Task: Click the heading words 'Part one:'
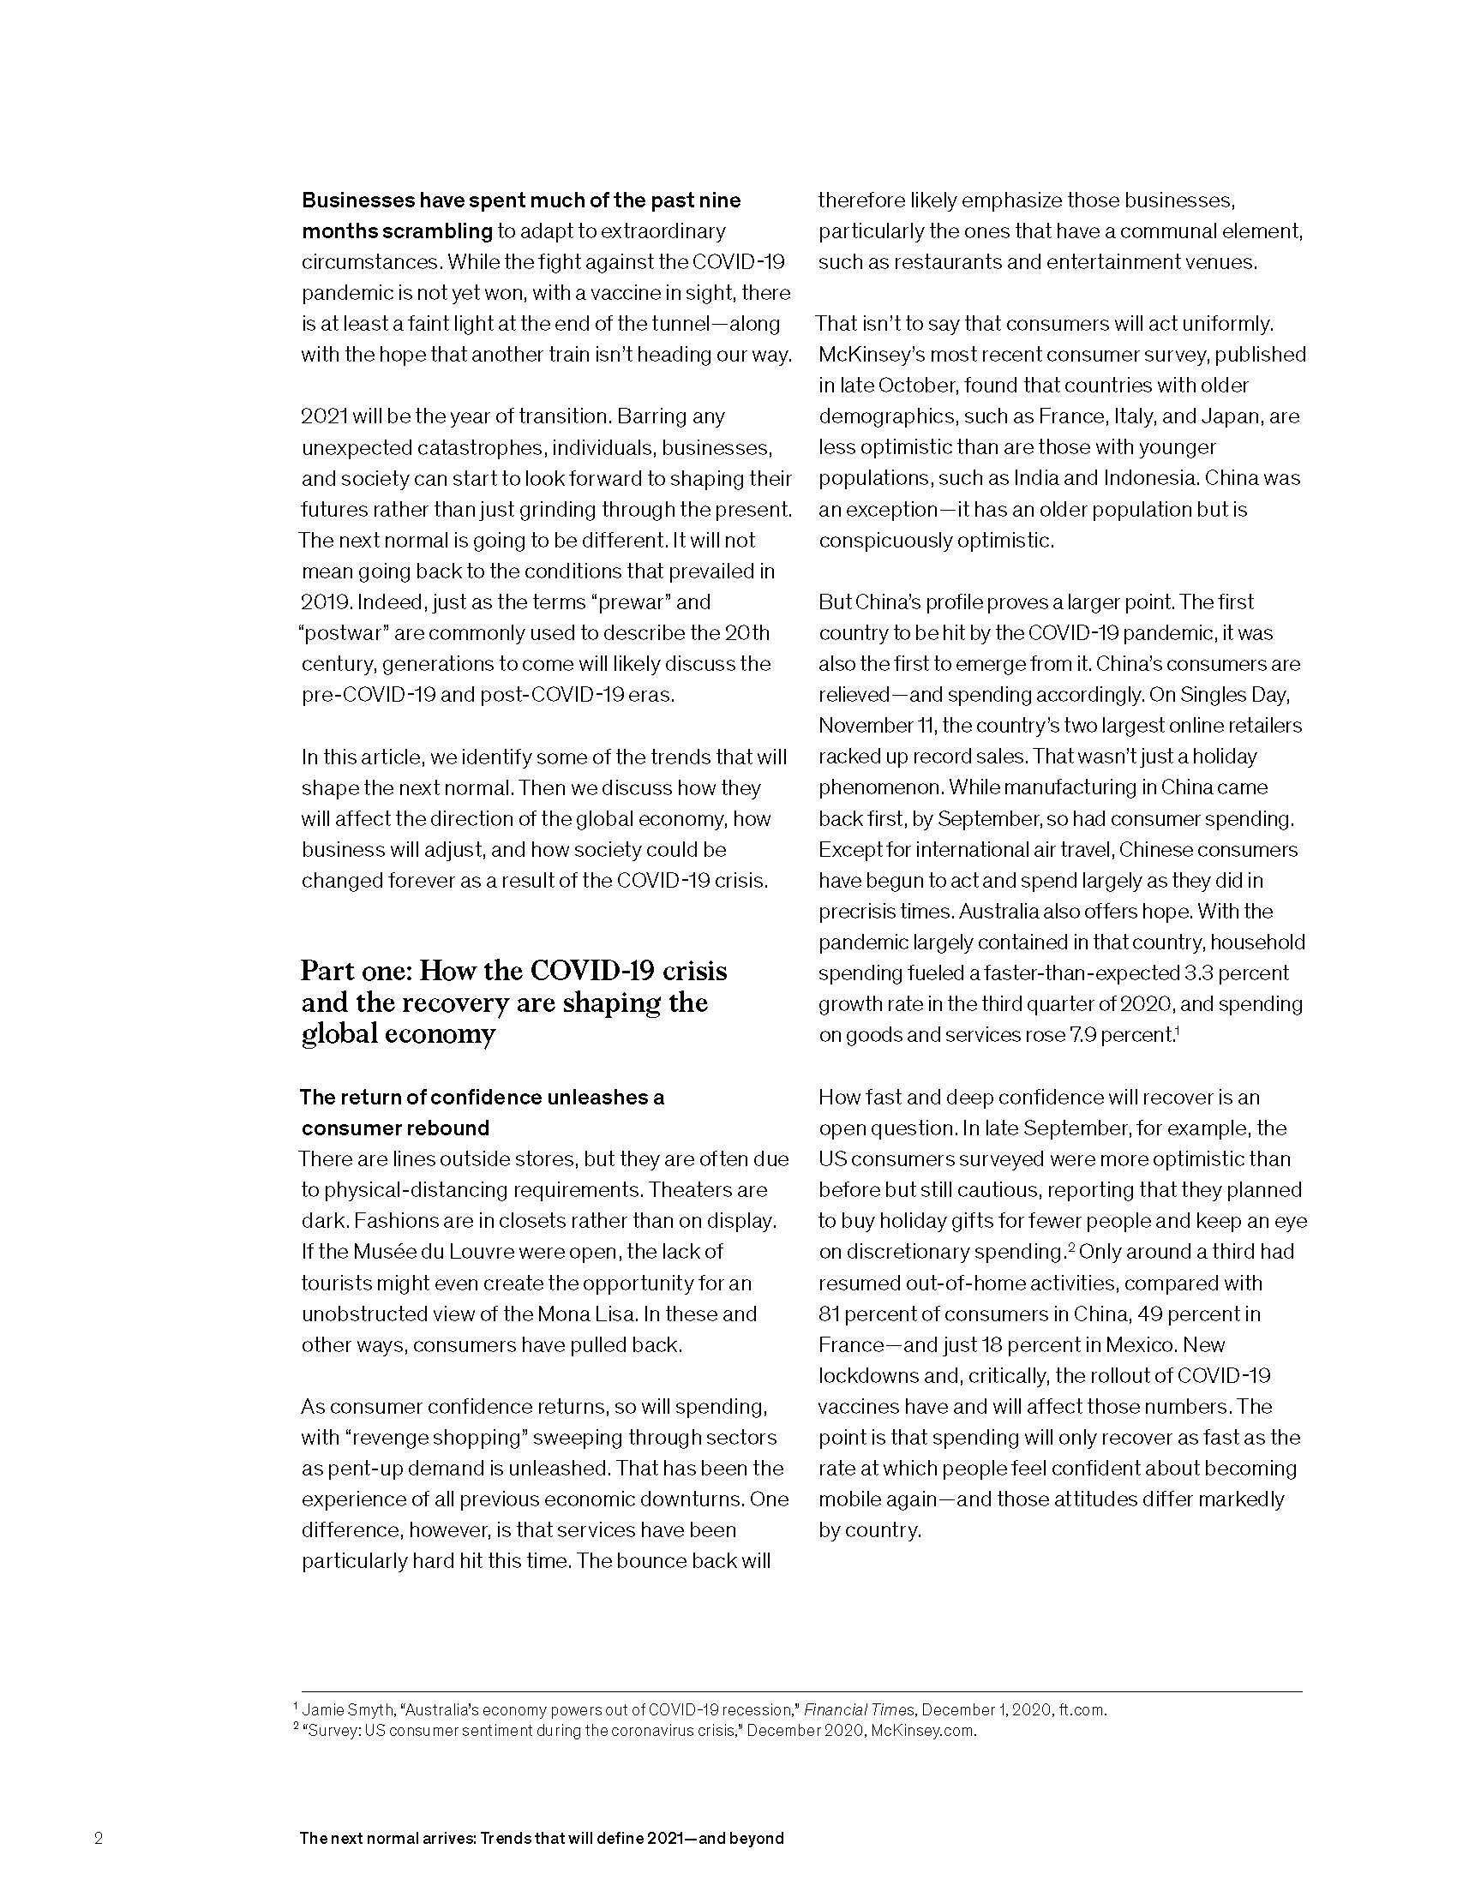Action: point(355,971)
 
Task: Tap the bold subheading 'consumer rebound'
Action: point(394,1128)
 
